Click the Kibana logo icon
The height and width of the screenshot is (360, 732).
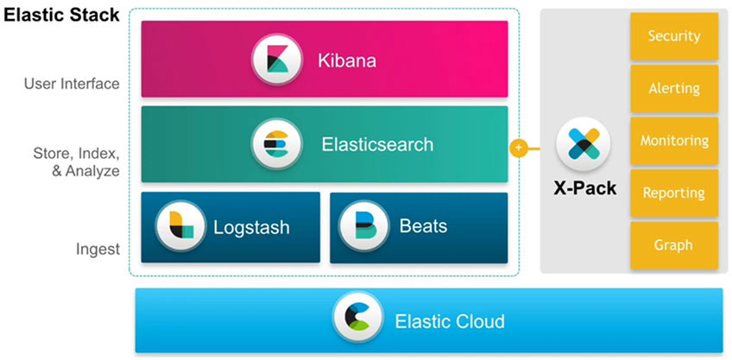277,60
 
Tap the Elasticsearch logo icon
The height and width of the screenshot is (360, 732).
276,144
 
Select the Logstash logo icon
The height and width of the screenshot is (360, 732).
181,227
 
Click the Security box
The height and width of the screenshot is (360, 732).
673,36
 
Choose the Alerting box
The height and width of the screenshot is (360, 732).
673,89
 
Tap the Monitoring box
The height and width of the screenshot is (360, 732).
673,141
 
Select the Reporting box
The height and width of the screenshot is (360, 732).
673,193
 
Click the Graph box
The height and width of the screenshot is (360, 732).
673,245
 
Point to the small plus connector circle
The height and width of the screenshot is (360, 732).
519,148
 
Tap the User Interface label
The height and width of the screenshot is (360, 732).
72,85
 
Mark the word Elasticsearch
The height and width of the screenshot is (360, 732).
377,144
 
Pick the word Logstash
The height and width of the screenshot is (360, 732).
251,228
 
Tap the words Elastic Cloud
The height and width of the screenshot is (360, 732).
449,322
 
